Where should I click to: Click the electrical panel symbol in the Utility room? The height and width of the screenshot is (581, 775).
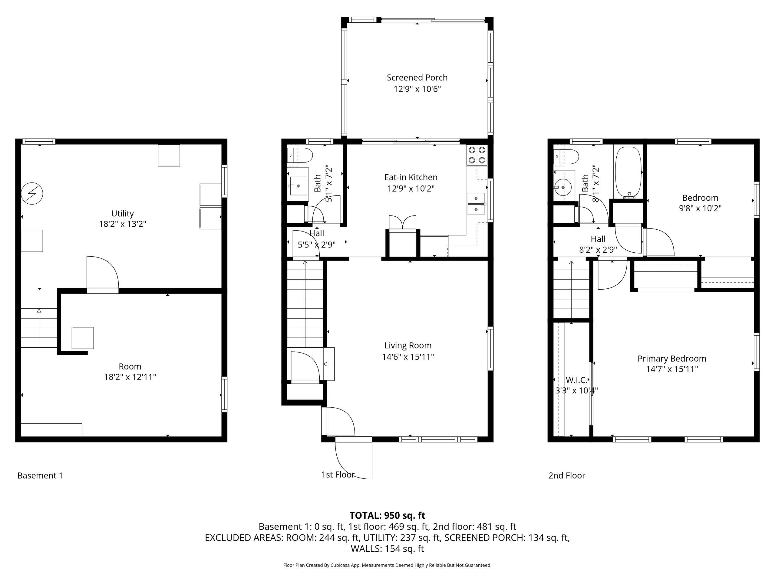pos(32,193)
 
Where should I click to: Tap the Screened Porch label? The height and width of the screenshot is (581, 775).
pos(417,77)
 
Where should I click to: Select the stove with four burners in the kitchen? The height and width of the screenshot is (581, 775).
pos(477,156)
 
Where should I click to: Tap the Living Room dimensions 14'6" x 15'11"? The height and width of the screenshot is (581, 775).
pos(408,357)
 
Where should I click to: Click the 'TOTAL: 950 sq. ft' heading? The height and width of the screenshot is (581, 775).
pos(387,516)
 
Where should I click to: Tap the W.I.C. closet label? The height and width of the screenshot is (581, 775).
pos(576,380)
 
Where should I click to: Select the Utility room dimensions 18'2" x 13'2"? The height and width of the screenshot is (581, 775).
pos(122,224)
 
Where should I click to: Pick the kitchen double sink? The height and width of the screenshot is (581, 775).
pos(476,204)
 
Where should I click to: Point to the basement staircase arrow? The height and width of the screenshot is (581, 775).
pos(39,328)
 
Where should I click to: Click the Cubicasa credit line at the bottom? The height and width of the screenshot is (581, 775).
pos(387,565)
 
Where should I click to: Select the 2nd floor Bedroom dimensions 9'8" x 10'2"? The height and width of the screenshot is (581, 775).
pos(700,208)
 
